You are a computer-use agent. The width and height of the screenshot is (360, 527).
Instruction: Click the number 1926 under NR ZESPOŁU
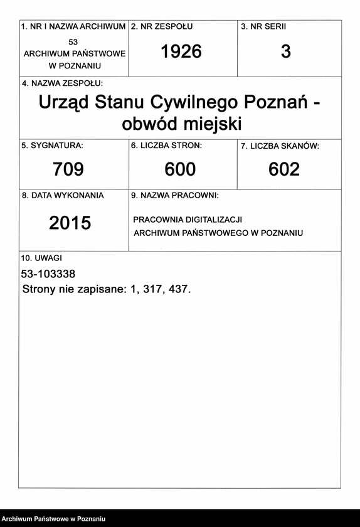pyautogui.click(x=181, y=51)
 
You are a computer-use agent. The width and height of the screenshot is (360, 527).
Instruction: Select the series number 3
pyautogui.click(x=286, y=51)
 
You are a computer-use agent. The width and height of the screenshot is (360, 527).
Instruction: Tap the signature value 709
pyautogui.click(x=68, y=169)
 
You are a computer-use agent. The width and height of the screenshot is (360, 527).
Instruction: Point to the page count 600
pyautogui.click(x=180, y=169)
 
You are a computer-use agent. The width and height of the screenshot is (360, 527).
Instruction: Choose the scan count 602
pyautogui.click(x=284, y=169)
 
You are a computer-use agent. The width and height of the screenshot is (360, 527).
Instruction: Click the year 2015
pyautogui.click(x=70, y=223)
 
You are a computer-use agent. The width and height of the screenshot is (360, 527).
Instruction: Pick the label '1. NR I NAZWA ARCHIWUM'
pyautogui.click(x=73, y=27)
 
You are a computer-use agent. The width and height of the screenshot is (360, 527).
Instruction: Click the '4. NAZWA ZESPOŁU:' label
pyautogui.click(x=62, y=83)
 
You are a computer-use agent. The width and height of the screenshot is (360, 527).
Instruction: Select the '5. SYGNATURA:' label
pyautogui.click(x=52, y=146)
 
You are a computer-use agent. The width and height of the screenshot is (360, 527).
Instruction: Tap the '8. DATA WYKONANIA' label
pyautogui.click(x=63, y=195)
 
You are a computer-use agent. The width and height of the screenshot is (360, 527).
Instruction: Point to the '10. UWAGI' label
pyautogui.click(x=41, y=258)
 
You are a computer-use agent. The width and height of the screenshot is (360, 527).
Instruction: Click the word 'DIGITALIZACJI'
pyautogui.click(x=211, y=220)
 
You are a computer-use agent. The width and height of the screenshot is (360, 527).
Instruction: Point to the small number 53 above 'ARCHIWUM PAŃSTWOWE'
pyautogui.click(x=73, y=41)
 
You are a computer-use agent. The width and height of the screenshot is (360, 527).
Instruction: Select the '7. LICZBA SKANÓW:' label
pyautogui.click(x=280, y=146)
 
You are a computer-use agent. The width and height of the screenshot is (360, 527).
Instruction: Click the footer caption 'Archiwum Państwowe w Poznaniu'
pyautogui.click(x=53, y=519)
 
